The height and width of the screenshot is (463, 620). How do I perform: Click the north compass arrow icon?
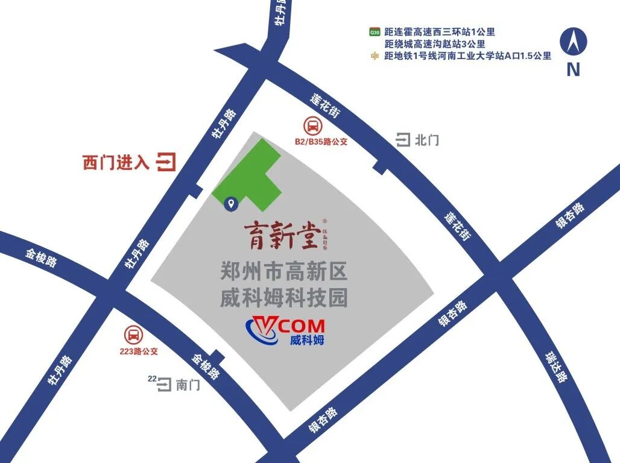click(x=574, y=42)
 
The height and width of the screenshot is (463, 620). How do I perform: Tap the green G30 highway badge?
click(x=375, y=32)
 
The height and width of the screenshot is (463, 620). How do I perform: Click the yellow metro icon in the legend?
click(x=375, y=56)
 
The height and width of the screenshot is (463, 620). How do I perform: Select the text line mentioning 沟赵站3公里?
click(x=435, y=44)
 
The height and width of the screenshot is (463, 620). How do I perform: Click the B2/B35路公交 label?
click(x=321, y=142)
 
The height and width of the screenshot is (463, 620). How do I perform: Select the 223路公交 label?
click(x=138, y=351)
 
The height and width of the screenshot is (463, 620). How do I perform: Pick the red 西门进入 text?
click(x=116, y=163)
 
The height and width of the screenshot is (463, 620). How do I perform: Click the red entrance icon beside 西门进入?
click(x=166, y=162)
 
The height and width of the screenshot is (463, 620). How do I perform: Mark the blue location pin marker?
click(x=230, y=204)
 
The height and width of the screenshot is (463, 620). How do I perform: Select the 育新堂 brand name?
click(x=281, y=235)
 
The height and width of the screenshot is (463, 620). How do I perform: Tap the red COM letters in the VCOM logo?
click(x=302, y=325)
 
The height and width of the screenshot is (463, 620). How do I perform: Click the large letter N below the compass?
click(x=573, y=70)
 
